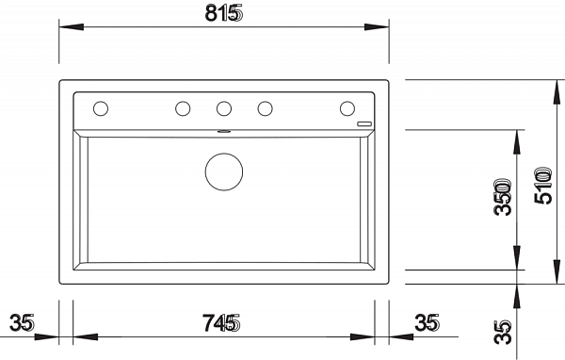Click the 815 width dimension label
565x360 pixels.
tap(224, 13)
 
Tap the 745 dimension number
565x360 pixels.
tap(221, 323)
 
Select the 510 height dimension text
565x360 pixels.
tap(543, 186)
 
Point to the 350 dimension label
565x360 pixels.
tap(503, 197)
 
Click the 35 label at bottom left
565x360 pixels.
tap(22, 322)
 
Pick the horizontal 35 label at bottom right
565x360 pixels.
tap(427, 322)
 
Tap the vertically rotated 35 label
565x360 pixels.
tap(503, 332)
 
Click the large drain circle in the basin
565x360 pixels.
tap(224, 172)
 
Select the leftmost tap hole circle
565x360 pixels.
tap(101, 108)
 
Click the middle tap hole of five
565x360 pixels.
tap(224, 108)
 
